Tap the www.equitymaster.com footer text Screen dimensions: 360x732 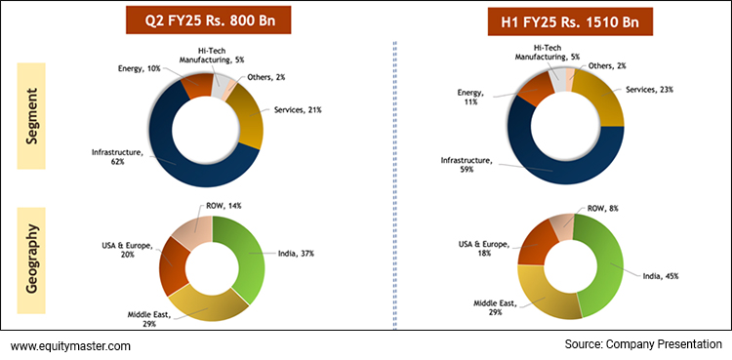70,345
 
